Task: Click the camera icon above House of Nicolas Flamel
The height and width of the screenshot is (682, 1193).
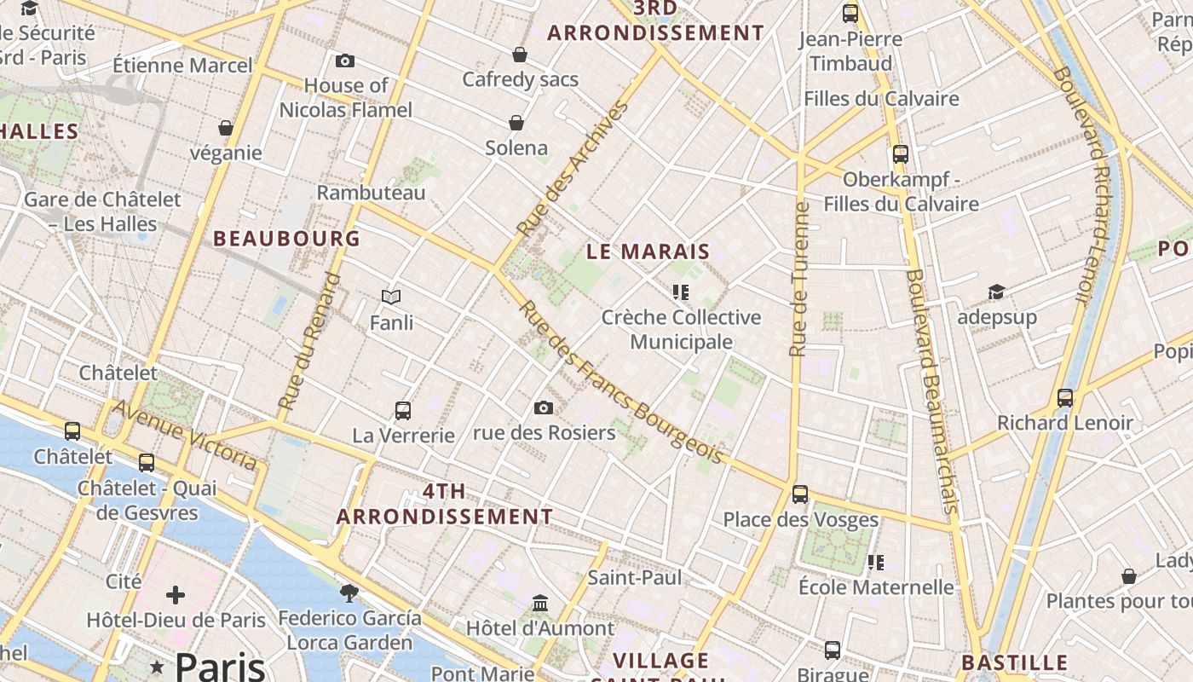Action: [x=345, y=61]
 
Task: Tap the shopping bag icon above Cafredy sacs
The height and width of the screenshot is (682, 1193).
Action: [x=520, y=55]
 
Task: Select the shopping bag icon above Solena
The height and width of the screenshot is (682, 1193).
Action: [x=516, y=123]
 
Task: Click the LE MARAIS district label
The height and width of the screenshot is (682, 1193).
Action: [x=648, y=251]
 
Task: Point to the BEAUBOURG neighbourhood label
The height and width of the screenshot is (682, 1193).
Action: [x=287, y=239]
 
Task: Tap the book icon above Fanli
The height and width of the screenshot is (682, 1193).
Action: [x=391, y=297]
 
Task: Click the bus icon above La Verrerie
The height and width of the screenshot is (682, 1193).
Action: [x=403, y=410]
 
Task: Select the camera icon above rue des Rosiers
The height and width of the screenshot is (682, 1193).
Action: [x=544, y=407]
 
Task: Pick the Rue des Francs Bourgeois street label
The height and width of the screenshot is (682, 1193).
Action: [x=622, y=384]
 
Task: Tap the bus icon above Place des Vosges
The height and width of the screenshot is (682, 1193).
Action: [x=799, y=494]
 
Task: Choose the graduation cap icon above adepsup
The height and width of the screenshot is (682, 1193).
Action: [x=996, y=292]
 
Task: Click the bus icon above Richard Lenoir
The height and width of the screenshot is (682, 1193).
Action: [x=1065, y=397]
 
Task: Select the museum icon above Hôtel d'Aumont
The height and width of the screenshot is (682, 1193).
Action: [x=540, y=604]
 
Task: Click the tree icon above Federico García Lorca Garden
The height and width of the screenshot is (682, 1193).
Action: [x=349, y=592]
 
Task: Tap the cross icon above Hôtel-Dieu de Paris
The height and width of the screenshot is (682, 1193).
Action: [x=176, y=594]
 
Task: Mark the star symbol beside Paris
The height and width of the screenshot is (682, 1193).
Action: [x=157, y=666]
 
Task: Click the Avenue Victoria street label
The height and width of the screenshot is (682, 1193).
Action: [x=185, y=435]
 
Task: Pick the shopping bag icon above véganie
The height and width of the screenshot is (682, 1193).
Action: [x=226, y=128]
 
